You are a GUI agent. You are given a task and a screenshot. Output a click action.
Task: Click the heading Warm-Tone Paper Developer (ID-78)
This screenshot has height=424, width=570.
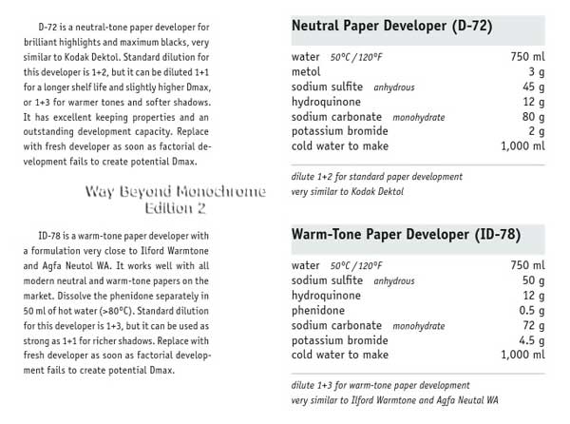coord(404,233)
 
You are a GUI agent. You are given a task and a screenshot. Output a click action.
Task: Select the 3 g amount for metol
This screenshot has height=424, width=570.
coord(536,71)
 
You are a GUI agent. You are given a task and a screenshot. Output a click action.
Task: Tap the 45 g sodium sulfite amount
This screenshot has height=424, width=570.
coord(532,87)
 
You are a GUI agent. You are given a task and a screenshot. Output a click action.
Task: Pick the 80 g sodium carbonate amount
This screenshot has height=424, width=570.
coord(532,117)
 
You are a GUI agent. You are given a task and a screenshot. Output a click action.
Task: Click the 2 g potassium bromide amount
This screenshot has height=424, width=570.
coord(536,131)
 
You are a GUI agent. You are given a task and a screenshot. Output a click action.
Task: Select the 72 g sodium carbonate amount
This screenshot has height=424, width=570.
coord(532,325)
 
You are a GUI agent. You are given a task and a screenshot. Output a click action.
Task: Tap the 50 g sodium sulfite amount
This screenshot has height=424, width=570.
coord(532,280)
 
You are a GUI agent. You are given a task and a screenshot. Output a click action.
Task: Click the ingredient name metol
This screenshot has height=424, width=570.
coord(307,71)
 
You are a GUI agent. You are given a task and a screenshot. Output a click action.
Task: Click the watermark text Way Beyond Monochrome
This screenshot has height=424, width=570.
coord(175,192)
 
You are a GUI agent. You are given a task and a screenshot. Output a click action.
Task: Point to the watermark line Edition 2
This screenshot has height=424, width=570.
coord(175,206)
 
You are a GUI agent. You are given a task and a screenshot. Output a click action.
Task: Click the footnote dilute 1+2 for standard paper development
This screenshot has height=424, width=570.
coord(377,176)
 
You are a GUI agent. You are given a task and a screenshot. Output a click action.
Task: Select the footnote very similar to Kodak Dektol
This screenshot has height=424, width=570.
coord(348,191)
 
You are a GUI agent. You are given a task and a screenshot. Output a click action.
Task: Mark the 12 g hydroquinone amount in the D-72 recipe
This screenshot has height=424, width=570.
coord(532,102)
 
